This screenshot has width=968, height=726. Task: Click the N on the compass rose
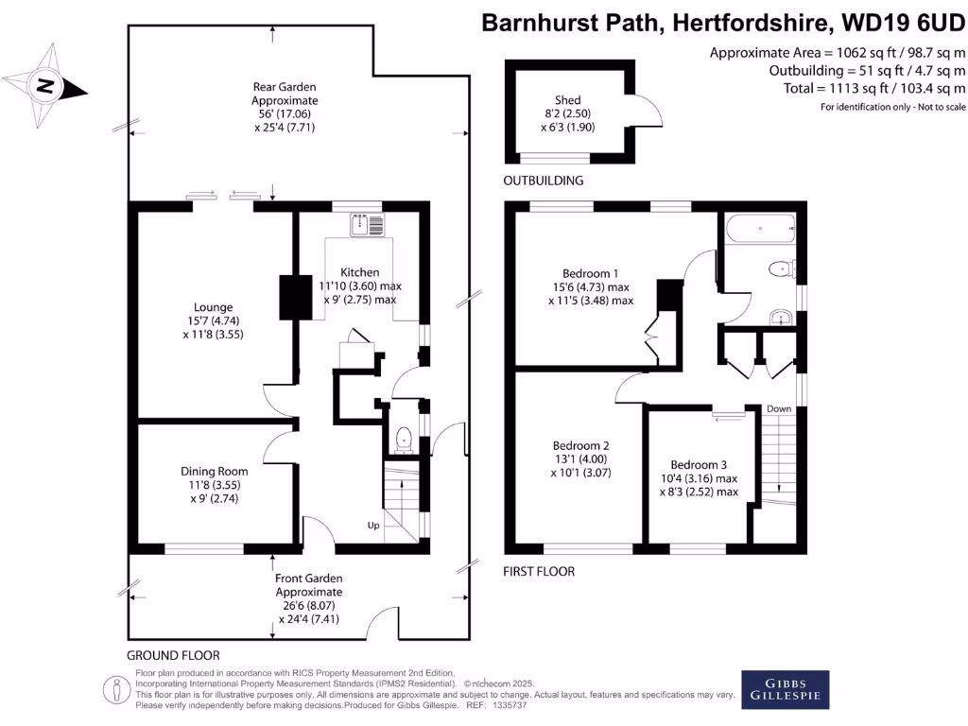click(45, 85)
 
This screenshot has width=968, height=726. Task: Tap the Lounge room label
click(213, 307)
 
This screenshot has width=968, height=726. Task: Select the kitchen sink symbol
click(368, 225)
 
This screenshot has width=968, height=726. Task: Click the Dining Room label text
click(215, 471)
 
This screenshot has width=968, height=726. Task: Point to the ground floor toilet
click(403, 441)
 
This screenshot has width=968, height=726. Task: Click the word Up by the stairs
click(373, 526)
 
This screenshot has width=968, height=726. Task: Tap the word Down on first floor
click(779, 408)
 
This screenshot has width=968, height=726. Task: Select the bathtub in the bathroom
click(761, 229)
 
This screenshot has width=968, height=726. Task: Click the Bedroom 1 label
click(590, 273)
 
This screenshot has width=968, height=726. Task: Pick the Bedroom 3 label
click(699, 465)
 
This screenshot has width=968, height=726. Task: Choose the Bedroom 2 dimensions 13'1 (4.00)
click(579, 459)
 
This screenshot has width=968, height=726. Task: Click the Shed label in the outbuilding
click(568, 100)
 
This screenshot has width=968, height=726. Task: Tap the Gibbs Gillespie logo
click(786, 689)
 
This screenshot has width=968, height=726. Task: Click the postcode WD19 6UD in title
click(904, 23)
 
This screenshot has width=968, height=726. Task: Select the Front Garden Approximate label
click(309, 585)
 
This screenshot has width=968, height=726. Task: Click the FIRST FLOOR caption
click(539, 572)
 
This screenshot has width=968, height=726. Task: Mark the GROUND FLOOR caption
click(174, 656)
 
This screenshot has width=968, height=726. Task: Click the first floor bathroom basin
click(781, 319)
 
